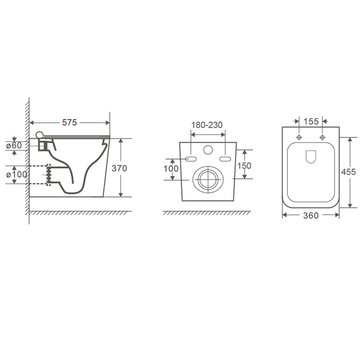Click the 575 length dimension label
point(69,122)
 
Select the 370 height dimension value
point(119,168)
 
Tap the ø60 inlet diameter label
point(14,145)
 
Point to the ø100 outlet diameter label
point(16,175)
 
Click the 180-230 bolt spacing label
point(207,125)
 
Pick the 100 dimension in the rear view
point(171,169)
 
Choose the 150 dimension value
point(244,166)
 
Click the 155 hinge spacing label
point(311,121)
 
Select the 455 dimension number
point(348,172)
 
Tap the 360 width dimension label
point(311,216)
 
